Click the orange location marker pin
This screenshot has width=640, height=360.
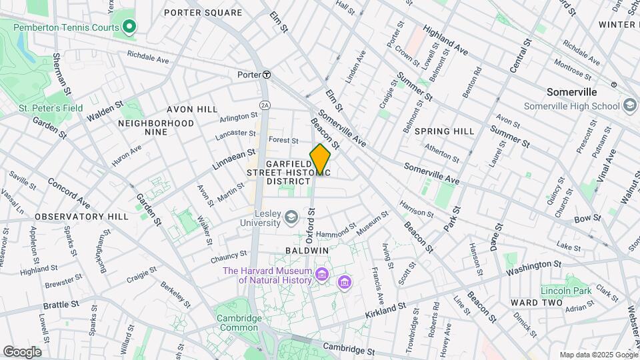pos(320,159)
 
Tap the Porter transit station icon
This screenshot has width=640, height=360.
pos(266,75)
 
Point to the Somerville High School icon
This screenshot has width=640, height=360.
pos(630,106)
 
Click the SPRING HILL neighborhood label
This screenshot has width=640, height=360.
pos(444,131)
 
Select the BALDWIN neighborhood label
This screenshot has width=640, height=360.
pos(307,251)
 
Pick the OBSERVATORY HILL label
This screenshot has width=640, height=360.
pos(81,217)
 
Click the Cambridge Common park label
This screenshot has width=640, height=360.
pos(238,323)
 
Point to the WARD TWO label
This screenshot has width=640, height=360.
pos(537,303)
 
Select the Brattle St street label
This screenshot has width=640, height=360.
pos(61,304)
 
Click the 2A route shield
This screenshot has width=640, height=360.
pos(265,105)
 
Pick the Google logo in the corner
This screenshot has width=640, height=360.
pos(22,352)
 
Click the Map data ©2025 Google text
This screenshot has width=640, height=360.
pos(598,355)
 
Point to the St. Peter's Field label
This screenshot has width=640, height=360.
pos(41,107)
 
